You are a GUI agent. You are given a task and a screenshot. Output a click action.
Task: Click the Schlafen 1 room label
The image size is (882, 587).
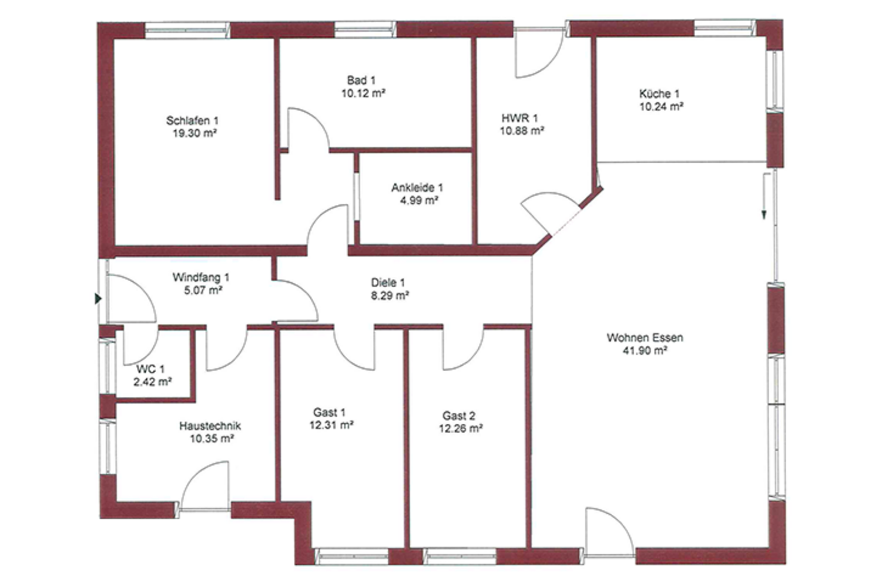192,120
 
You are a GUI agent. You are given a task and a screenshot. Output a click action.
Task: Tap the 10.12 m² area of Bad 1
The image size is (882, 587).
363,93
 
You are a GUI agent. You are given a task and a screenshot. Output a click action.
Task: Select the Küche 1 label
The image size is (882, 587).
659,94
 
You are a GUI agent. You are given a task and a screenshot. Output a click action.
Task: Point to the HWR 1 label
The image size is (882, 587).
520,117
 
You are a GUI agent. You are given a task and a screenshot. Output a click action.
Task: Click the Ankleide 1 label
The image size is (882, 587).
417,188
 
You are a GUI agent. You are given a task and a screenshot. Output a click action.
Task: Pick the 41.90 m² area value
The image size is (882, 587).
645,350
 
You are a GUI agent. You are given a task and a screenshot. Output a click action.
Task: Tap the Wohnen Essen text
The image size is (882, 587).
645,338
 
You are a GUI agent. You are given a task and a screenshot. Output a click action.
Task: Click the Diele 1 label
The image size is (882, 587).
388,282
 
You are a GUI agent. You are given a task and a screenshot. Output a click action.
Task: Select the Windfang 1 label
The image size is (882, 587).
201,278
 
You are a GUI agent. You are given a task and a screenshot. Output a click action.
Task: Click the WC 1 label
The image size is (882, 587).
150,369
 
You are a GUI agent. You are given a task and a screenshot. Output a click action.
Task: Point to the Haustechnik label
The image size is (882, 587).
210,426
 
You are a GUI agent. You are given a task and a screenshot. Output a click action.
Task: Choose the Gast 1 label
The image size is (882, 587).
329,412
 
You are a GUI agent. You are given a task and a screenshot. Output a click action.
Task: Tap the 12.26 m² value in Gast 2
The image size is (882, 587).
461,428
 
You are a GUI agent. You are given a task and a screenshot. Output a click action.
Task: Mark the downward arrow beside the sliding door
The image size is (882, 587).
764,196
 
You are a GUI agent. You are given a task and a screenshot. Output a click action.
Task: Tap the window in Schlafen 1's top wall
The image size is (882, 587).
187,30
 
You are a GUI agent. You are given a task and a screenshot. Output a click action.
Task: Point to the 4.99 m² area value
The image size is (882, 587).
420,200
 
